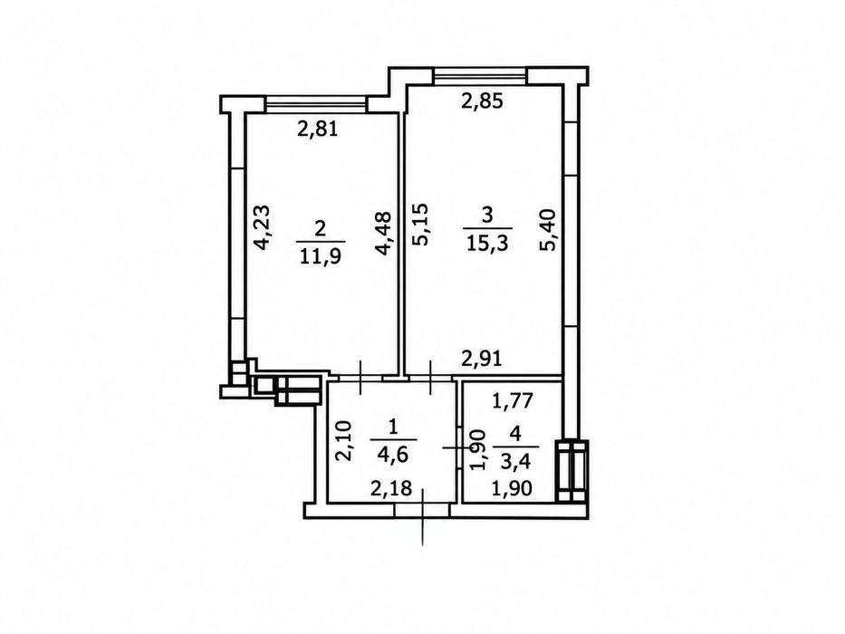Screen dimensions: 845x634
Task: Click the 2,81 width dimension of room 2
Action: pos(318,130)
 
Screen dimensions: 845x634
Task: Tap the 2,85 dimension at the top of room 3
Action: pos(483,101)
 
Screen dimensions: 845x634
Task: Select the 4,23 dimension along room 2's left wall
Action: pos(263,226)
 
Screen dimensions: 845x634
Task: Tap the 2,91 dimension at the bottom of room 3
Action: pos(483,359)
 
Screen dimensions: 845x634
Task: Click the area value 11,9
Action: pos(320,255)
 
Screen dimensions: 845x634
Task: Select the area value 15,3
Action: pos(487,243)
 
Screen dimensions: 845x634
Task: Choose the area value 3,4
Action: pos(515,462)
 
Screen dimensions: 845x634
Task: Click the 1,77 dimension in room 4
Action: pos(514,400)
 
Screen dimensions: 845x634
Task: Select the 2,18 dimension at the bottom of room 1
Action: pos(391,488)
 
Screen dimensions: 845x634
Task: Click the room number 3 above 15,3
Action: pos(487,216)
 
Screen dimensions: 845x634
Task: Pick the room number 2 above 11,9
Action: pos(320,228)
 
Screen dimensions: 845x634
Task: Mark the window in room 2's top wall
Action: pos(316,104)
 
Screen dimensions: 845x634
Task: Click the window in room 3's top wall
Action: pos(480,76)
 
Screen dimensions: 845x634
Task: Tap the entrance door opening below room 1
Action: pos(422,511)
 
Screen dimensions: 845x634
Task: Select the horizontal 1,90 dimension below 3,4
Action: pos(512,488)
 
